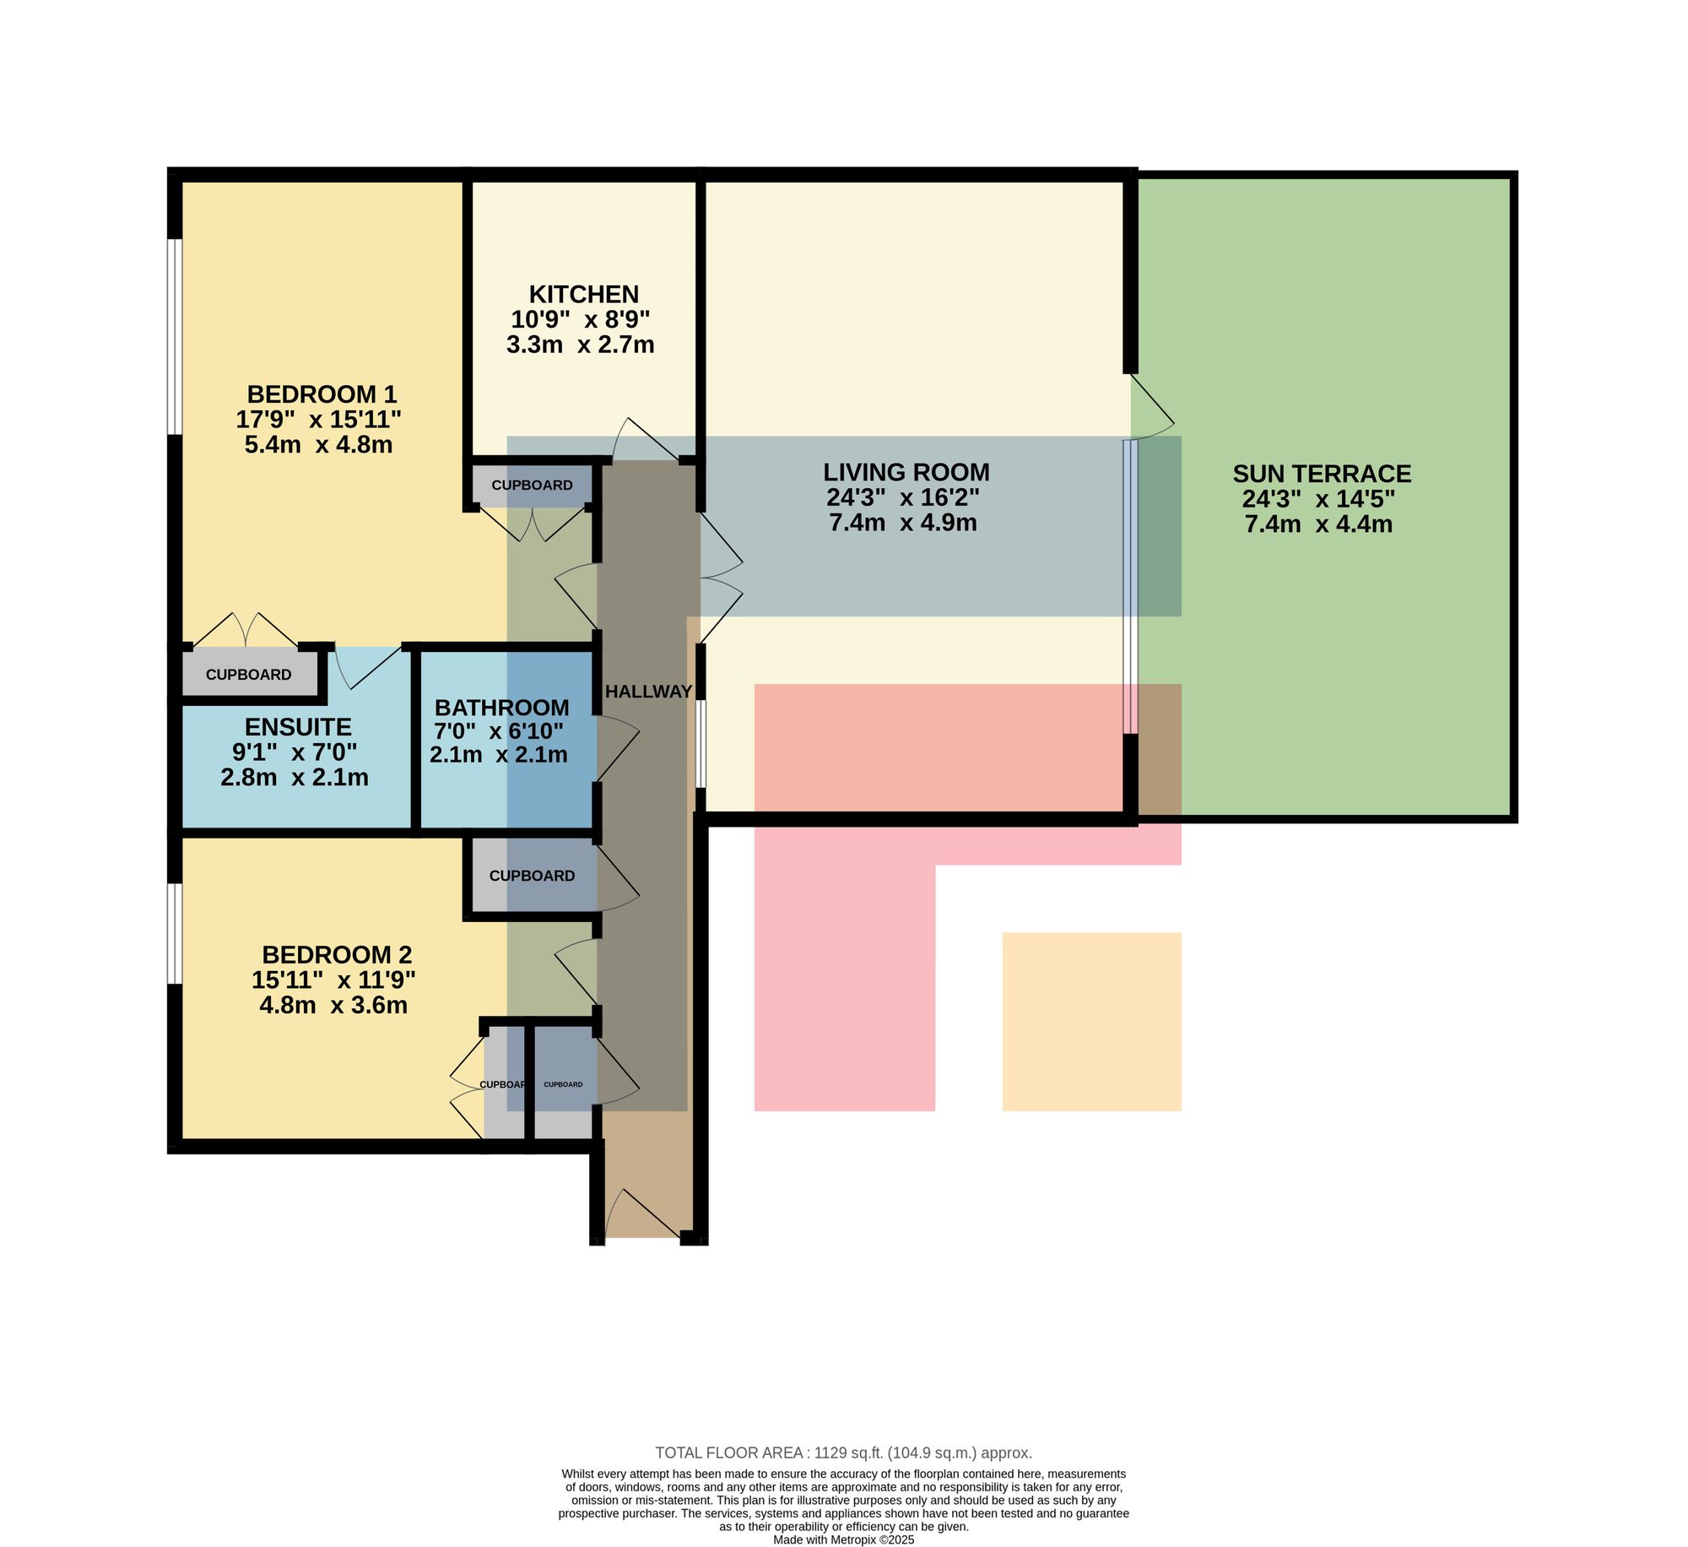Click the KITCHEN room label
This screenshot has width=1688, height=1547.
(x=583, y=294)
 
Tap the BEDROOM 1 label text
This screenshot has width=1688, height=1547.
(x=322, y=394)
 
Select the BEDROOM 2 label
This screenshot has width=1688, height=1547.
(x=337, y=954)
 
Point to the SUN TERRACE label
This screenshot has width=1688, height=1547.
(x=1322, y=474)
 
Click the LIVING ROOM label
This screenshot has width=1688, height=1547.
(x=906, y=472)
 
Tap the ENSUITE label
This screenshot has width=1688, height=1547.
(x=298, y=727)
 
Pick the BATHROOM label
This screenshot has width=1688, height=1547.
(x=501, y=708)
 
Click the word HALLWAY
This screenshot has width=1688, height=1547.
(x=648, y=692)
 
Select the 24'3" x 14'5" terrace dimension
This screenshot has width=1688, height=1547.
(x=1318, y=499)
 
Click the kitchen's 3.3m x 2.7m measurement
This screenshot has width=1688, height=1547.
(x=581, y=345)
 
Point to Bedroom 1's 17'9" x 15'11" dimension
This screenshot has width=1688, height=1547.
(x=319, y=419)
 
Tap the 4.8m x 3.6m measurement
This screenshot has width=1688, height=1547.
(x=333, y=1005)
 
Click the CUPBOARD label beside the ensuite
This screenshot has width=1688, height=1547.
(x=249, y=675)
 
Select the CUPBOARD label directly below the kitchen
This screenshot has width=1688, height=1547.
(x=532, y=486)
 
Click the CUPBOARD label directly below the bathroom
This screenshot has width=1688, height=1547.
(x=532, y=876)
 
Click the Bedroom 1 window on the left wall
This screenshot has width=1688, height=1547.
(x=175, y=337)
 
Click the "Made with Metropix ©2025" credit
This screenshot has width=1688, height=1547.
(x=843, y=1539)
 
